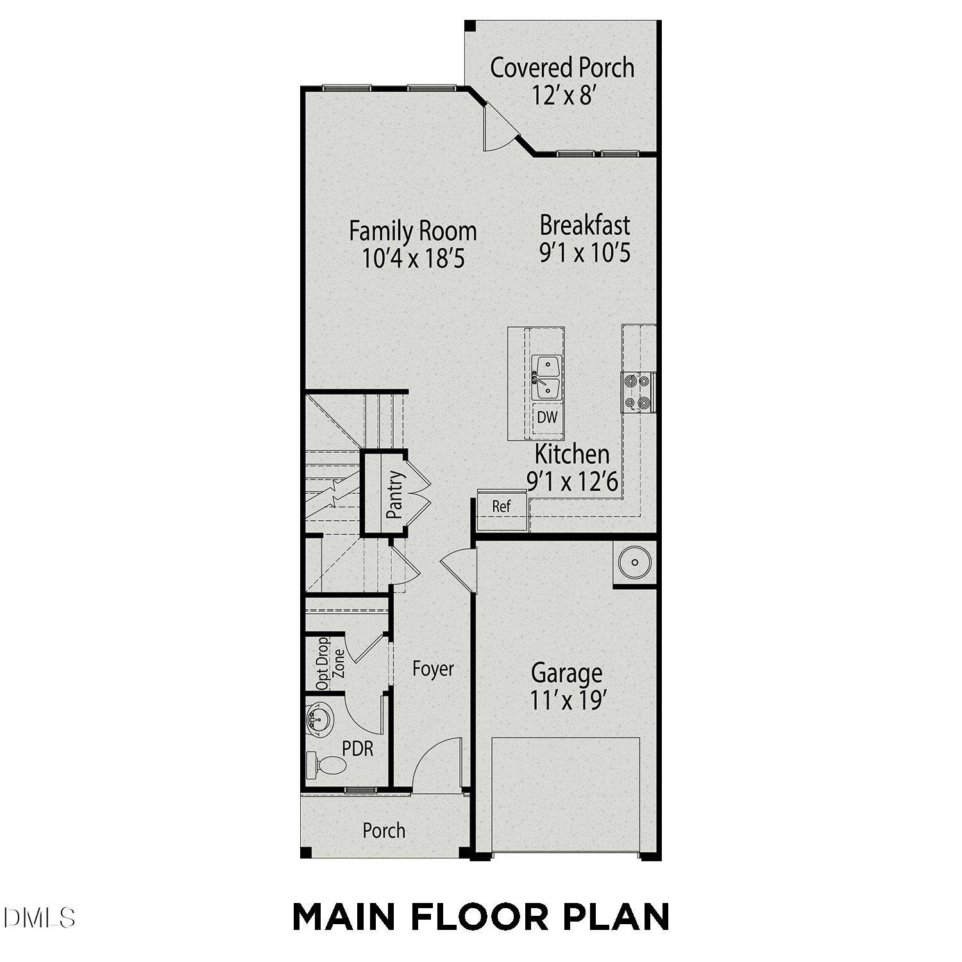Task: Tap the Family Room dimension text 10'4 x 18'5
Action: point(414,258)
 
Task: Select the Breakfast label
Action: point(585,225)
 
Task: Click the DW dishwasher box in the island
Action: point(547,418)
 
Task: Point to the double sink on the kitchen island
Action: point(546,378)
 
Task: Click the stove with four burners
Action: point(637,392)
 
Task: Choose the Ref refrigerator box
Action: point(502,507)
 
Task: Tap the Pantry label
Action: point(394,494)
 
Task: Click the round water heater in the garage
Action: point(634,562)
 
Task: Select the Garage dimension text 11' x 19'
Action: point(568,700)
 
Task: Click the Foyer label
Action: point(433,669)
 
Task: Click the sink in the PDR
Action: point(319,720)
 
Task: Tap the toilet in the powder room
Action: point(327,764)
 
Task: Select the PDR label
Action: point(357,748)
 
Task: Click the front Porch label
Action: point(384,831)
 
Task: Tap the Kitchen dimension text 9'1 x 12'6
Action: point(573,480)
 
